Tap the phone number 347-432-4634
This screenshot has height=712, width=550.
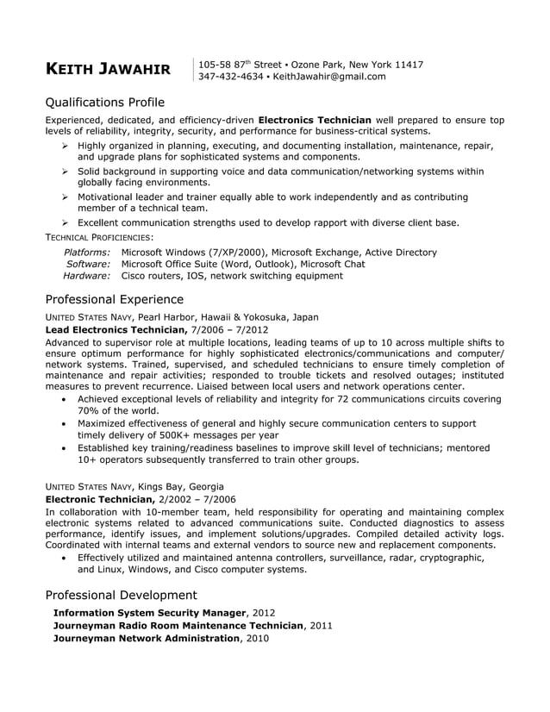(x=230, y=77)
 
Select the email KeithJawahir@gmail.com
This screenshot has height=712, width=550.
(x=329, y=77)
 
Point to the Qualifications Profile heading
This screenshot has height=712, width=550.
(x=104, y=102)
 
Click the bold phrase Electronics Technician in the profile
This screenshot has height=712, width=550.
(x=315, y=120)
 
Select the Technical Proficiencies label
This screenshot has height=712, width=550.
(x=99, y=236)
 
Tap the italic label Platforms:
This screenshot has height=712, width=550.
(x=87, y=253)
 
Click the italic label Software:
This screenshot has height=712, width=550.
(x=88, y=265)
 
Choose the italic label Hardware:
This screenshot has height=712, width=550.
(x=86, y=277)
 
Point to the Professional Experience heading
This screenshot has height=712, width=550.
(x=114, y=300)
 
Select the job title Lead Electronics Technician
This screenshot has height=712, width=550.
(x=116, y=330)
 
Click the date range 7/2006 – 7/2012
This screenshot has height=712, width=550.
(x=229, y=330)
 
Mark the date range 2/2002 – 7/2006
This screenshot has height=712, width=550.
(x=197, y=499)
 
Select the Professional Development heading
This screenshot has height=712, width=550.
(x=121, y=596)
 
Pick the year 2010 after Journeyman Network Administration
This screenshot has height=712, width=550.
(x=257, y=639)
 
